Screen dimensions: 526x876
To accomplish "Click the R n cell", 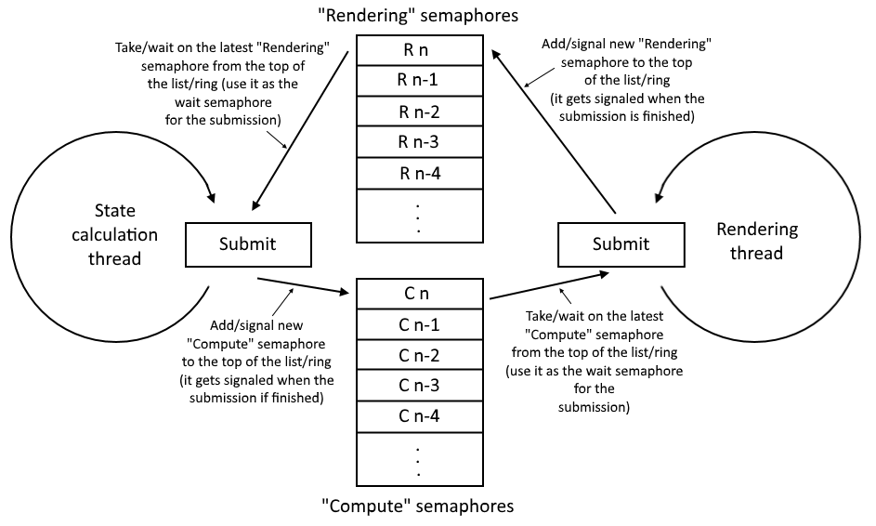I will (418, 49).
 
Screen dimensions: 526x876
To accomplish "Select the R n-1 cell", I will (418, 80).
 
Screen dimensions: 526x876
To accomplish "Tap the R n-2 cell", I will (418, 112).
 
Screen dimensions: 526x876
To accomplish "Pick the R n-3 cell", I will (418, 142).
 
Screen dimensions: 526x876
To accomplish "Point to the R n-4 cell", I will (418, 173).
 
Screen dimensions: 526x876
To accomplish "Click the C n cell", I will (418, 294).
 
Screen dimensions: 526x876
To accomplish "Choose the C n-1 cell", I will (418, 324).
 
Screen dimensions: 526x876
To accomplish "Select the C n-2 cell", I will (418, 355).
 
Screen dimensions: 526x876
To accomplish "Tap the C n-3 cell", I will (418, 386).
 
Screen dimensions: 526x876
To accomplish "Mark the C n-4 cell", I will (418, 416).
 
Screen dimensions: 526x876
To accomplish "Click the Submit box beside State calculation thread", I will (248, 244).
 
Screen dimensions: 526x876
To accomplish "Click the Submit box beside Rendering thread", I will (621, 244).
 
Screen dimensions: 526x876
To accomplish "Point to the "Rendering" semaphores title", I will (418, 15).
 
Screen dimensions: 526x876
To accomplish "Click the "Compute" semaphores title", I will (417, 506).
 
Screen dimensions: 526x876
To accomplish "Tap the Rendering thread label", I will (757, 241).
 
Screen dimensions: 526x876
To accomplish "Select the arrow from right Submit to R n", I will (554, 130).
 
